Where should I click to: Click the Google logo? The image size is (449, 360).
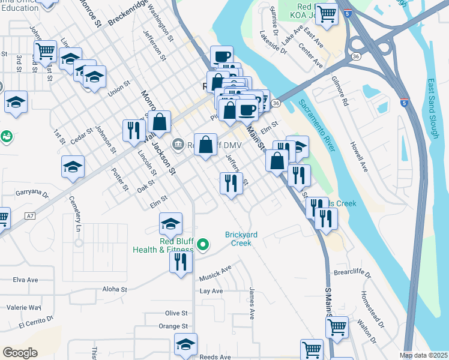point(20,353)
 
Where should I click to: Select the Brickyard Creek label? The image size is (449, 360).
point(242,239)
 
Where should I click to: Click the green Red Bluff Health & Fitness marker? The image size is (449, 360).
point(203,244)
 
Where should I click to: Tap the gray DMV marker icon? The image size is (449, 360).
point(178,144)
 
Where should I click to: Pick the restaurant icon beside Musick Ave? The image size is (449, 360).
point(180,262)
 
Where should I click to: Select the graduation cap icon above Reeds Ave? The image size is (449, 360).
point(185,345)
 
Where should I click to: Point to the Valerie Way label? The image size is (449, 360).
point(23,307)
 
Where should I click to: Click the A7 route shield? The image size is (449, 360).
point(31,215)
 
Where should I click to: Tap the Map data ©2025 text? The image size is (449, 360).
point(424,355)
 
